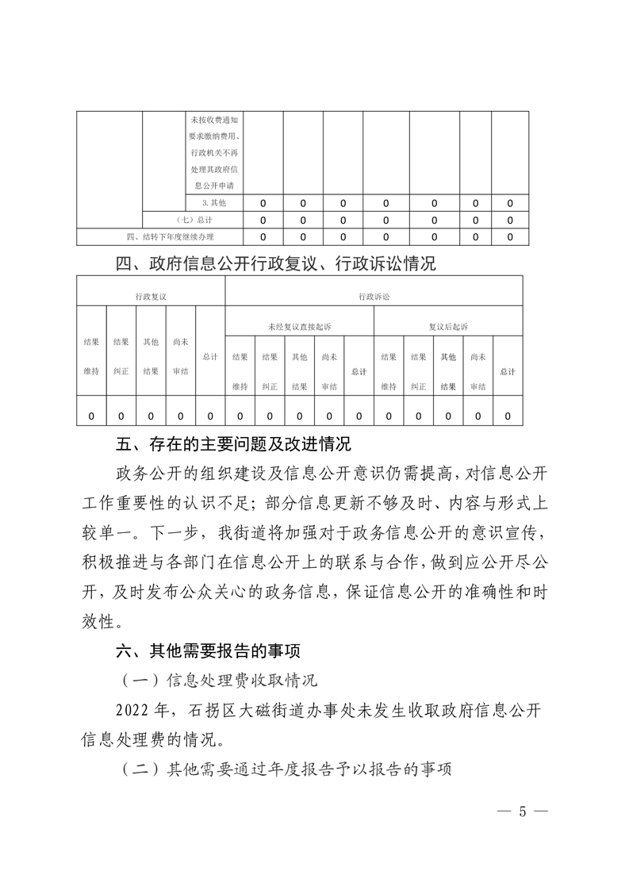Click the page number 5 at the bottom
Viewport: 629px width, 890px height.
(522, 811)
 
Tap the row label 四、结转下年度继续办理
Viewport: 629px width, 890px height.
(169, 236)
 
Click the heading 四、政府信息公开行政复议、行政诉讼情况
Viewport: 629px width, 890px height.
(276, 263)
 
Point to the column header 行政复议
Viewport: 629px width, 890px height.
(151, 296)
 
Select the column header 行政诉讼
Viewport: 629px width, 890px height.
(374, 296)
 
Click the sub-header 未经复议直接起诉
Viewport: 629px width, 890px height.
(300, 326)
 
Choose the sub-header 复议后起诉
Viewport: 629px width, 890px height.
(448, 326)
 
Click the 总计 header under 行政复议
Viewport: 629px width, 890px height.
(210, 357)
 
